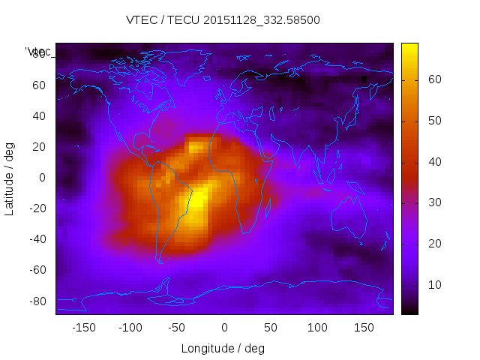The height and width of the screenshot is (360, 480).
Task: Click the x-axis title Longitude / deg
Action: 223,348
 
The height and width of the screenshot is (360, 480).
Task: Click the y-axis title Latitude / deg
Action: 10,178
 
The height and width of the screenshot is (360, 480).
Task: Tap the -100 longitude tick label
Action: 130,328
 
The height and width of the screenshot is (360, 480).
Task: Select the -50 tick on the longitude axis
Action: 177,328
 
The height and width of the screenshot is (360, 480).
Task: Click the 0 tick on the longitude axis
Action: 224,328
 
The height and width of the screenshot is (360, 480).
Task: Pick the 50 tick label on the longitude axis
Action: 271,328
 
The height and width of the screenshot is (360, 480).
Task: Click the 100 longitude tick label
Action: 317,328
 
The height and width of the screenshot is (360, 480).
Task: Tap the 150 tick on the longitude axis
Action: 364,328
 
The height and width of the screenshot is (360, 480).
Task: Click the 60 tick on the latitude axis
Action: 39,85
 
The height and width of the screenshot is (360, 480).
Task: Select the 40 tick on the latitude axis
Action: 39,115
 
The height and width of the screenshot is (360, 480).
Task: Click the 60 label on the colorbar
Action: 433,79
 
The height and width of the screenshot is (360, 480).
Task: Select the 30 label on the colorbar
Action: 433,202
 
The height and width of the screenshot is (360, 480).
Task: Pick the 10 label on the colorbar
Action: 433,285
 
